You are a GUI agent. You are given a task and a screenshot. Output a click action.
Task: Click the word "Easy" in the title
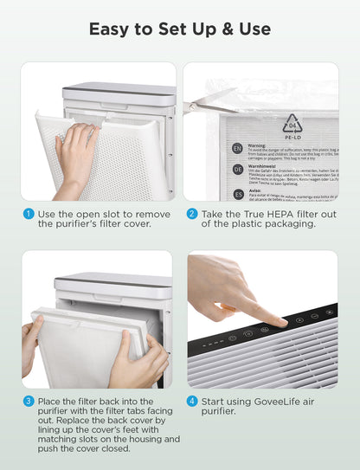coord(111,29)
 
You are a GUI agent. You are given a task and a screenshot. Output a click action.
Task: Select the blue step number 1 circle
coord(28,213)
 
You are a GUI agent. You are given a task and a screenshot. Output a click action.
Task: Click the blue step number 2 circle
coord(192,213)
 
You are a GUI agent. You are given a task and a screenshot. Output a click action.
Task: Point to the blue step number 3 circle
coord(28,401)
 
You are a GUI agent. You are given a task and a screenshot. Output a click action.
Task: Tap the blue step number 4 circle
coord(192,401)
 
